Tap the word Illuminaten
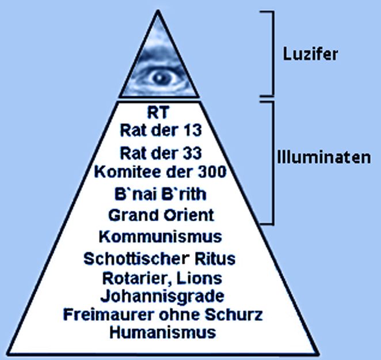click(324, 158)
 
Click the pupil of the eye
click(159, 78)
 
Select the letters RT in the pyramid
click(158, 113)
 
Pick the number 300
click(212, 172)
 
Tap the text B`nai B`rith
click(161, 194)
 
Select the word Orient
click(189, 215)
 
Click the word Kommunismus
click(161, 236)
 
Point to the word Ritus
click(215, 259)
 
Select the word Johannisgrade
click(162, 297)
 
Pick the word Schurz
click(234, 314)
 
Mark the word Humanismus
click(162, 332)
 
